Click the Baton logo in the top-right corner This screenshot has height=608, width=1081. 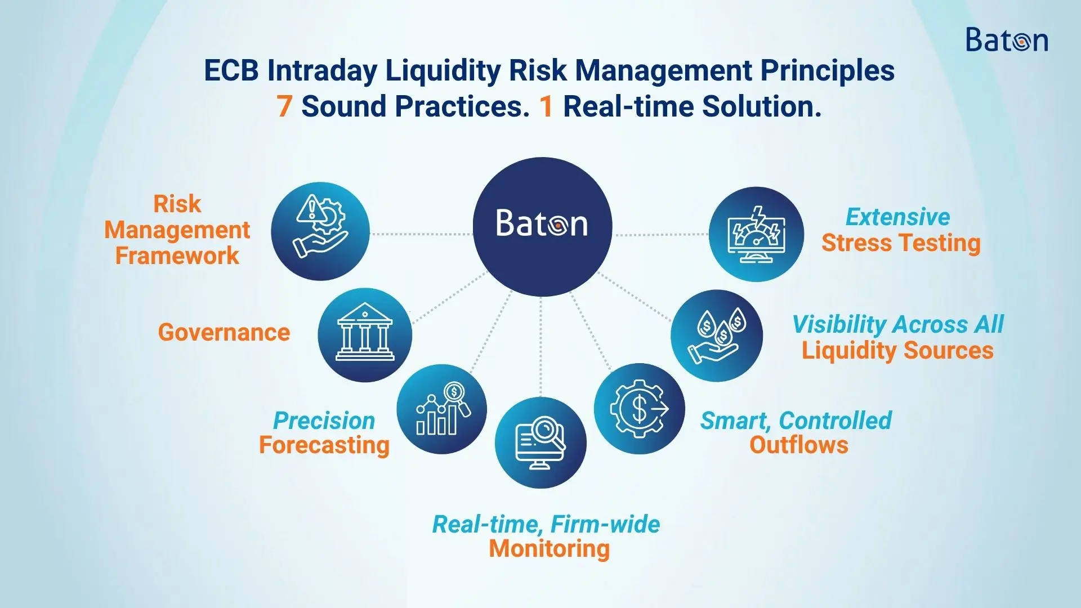tap(1007, 40)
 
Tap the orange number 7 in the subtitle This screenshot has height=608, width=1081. tap(284, 106)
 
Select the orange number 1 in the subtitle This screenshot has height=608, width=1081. tap(546, 106)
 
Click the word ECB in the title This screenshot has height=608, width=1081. tap(231, 71)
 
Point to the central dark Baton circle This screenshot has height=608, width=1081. tap(542, 226)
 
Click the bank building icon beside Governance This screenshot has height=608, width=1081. tap(365, 335)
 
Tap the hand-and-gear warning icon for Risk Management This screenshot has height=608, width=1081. tap(320, 231)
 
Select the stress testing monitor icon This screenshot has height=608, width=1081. tap(756, 234)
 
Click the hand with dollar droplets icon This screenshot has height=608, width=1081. tap(717, 336)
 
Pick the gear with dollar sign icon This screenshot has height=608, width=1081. tap(640, 409)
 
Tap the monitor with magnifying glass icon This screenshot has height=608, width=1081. tap(540, 442)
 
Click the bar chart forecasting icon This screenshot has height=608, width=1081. tap(442, 409)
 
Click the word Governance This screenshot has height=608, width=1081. tap(224, 333)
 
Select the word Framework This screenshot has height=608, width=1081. tap(177, 256)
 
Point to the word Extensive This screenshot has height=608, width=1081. tap(898, 217)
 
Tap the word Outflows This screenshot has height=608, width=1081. tap(799, 445)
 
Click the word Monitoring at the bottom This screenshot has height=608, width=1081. tap(550, 549)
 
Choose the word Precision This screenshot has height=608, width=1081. tap(324, 421)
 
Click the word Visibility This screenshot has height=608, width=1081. tap(839, 325)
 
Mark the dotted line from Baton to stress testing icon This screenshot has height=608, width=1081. tap(661, 234)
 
